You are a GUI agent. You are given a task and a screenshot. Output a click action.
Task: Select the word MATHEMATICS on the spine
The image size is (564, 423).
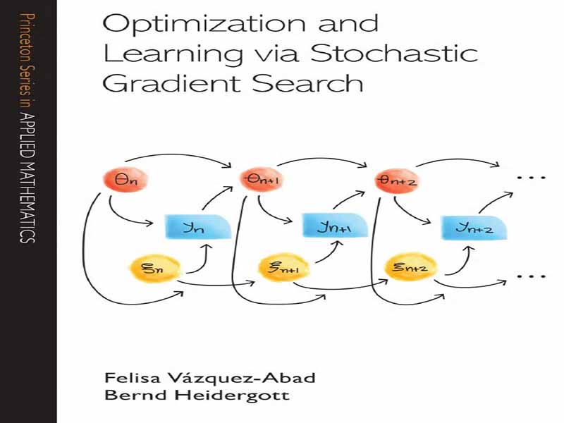(27, 191)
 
